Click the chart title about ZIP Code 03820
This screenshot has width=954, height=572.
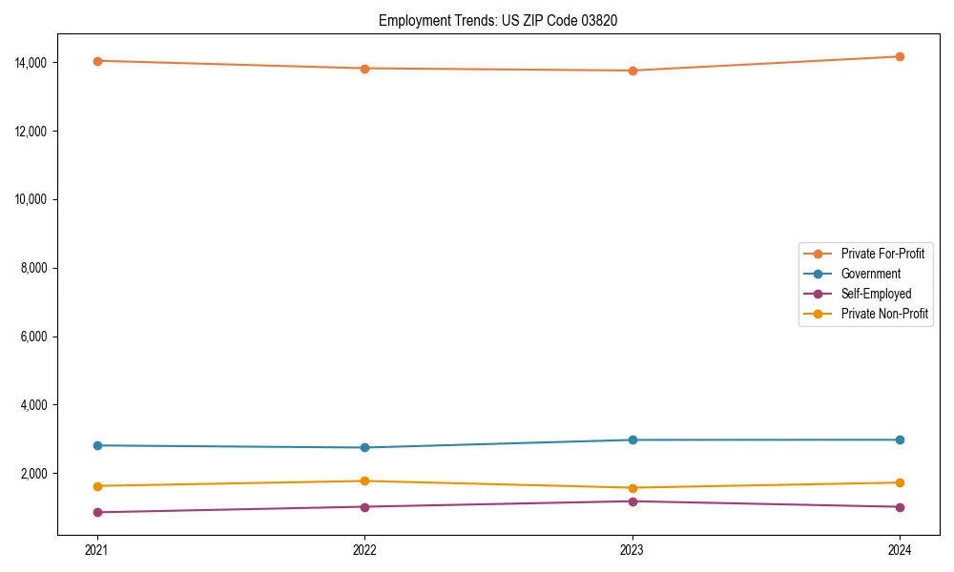[x=497, y=21]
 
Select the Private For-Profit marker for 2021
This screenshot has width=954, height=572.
[x=97, y=61]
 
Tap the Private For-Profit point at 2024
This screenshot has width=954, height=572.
[x=900, y=56]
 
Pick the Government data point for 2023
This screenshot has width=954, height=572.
[x=633, y=439]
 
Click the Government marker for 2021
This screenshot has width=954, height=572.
[x=97, y=445]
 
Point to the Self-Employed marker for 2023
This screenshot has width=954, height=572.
[x=633, y=501]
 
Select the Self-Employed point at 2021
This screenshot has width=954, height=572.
[x=97, y=512]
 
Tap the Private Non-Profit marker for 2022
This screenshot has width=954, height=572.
[x=364, y=481]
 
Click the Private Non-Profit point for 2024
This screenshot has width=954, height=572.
[x=900, y=482]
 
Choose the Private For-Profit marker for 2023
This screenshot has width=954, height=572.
[x=633, y=71]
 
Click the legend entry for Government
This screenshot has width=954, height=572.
[x=870, y=274]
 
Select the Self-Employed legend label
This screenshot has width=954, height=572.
[x=876, y=294]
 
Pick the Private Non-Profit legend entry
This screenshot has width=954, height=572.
[x=884, y=314]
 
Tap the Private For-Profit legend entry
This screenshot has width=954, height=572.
[x=882, y=254]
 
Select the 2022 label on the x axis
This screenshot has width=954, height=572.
[x=364, y=549]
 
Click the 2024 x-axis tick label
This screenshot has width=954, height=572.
[x=900, y=549]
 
